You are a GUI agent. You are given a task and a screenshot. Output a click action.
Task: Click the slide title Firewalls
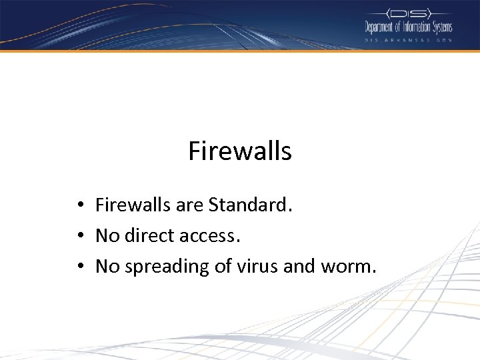pos(240,151)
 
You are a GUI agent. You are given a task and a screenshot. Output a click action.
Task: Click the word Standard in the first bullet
pos(250,205)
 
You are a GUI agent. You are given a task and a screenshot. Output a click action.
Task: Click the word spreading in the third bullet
pos(163,267)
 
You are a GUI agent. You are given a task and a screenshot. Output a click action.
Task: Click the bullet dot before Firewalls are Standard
pos(79,205)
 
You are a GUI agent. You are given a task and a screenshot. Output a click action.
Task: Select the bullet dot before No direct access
pos(79,236)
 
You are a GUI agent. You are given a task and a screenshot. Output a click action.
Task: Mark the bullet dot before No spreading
pos(79,267)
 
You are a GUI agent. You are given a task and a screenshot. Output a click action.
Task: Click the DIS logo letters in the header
pos(409,13)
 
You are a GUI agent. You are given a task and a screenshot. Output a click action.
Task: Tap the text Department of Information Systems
pos(408,27)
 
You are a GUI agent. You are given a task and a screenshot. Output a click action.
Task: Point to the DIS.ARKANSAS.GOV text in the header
pos(408,40)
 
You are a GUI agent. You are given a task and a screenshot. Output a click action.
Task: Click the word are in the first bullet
pos(189,206)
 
